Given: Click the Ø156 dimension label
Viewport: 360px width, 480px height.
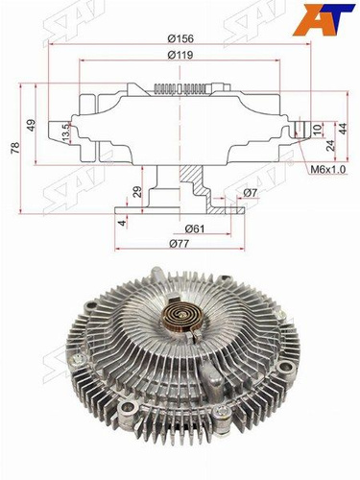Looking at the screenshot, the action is pos(180,38).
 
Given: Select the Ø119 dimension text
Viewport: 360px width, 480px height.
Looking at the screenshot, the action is pos(180,55).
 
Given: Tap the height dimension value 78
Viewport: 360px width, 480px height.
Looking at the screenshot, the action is pos(15,148).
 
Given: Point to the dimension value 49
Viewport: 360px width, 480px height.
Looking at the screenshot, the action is pos(32,125).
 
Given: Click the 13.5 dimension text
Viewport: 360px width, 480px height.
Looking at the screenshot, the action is pos(65,132).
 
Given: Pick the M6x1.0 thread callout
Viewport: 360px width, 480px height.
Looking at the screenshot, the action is pos(328,170).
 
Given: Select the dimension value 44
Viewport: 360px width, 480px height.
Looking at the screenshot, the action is pos(343,129).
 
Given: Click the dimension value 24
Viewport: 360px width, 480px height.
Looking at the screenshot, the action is pos(331,146).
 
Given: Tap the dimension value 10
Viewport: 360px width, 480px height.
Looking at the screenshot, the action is pos(317,130).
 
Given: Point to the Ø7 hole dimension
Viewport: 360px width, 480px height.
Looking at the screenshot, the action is pos(251,193).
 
